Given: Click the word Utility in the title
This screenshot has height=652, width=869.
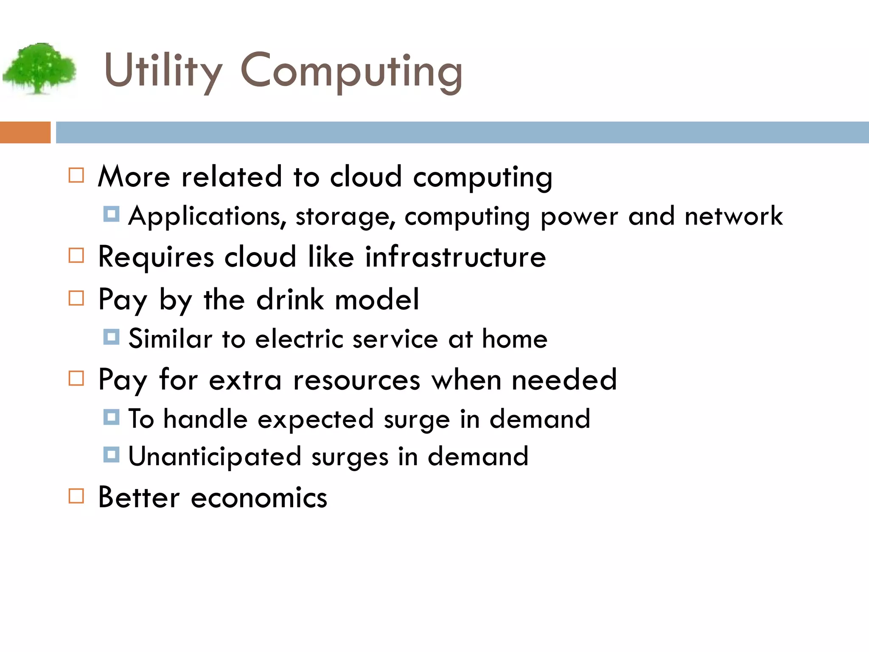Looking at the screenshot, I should coord(163,70).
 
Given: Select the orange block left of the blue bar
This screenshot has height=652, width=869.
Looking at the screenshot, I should coord(25,132).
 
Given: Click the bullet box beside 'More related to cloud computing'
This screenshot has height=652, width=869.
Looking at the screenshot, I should coord(76,175).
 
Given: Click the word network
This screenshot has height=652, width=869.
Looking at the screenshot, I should coord(734,216).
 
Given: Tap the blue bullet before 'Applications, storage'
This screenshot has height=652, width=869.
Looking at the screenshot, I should coord(111,214).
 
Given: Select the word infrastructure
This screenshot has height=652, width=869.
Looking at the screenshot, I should coord(455,257).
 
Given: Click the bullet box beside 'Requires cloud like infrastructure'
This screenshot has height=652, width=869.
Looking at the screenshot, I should coord(76,256).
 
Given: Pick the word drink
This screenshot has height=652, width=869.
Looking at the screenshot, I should coord(290,299).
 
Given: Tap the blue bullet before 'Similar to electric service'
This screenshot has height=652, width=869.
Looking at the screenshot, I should coord(111,337).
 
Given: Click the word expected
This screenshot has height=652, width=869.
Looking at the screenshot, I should coord(315,419).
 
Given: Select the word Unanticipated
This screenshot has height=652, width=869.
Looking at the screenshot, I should coord(215,457).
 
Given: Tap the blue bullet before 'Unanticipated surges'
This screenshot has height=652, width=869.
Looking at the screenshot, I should coord(111,455).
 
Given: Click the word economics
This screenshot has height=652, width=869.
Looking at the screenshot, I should coord(259,497).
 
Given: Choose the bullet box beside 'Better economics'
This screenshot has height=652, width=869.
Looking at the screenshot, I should coord(76,496).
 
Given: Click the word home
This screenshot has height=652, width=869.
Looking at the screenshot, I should coord(515,339).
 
